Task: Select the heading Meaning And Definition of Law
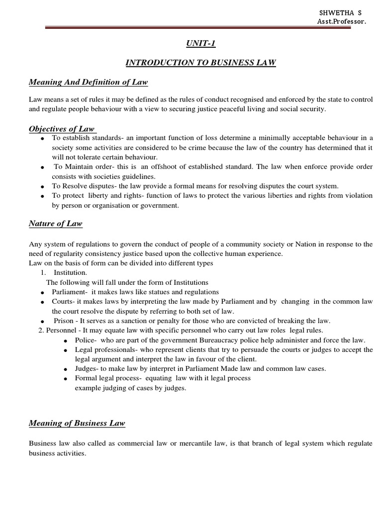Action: click(x=88, y=82)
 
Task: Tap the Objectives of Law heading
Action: click(x=61, y=129)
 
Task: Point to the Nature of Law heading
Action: click(x=56, y=224)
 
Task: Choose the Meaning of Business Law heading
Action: click(x=77, y=423)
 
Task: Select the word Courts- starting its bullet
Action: click(x=64, y=301)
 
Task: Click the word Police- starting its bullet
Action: click(x=86, y=340)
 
